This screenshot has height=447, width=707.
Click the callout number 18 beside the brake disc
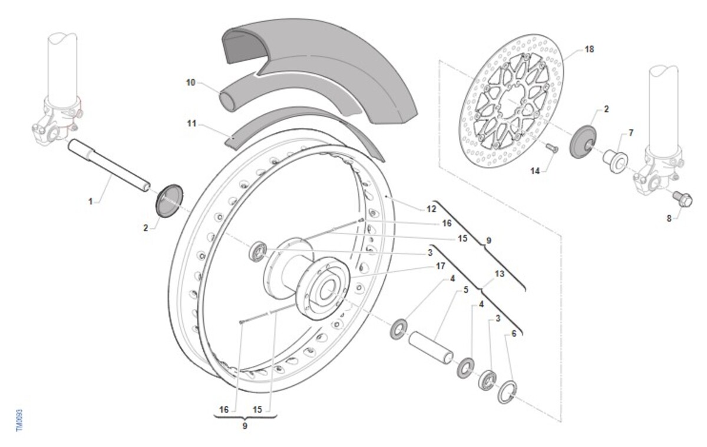coord(589,49)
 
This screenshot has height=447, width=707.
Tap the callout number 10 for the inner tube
coord(191,83)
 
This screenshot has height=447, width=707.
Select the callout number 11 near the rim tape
coord(191,124)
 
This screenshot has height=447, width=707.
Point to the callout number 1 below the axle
coord(91,202)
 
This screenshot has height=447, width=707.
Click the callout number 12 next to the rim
coord(431,209)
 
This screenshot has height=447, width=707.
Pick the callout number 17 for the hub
coord(440,266)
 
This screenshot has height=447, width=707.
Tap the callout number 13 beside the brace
coord(500,274)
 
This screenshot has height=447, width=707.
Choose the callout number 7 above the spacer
coord(631,134)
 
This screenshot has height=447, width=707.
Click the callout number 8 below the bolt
coord(669,218)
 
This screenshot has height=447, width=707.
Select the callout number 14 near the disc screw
coord(535,171)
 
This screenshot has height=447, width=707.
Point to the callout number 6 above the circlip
coord(514,333)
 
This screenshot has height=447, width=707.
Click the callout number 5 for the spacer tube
coord(466,290)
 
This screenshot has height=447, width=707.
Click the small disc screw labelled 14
coord(551,148)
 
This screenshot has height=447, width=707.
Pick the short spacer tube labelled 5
coord(431,348)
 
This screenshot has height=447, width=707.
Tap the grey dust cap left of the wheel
coord(170,201)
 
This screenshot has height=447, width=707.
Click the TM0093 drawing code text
coord(19,421)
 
